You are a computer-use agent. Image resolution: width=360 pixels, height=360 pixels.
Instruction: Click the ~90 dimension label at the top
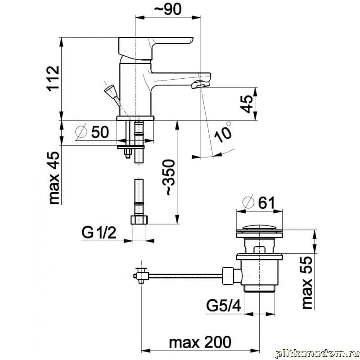167,9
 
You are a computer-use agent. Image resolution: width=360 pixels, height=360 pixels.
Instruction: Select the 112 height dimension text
53,79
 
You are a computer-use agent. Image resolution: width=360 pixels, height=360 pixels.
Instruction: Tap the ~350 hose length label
170,177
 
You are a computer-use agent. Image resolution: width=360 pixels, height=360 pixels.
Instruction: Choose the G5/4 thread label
224,305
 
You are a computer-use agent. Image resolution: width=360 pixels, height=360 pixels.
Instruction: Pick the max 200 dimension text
200,342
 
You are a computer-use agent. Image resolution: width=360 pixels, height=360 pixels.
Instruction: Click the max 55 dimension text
307,283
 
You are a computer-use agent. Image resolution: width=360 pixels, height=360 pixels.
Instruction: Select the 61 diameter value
266,203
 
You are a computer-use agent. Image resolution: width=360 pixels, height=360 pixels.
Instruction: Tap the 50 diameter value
100,132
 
